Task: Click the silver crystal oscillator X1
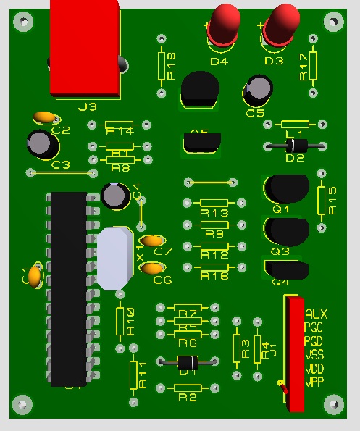tap(115, 257)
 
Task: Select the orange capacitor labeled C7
tap(152, 241)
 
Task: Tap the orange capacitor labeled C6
tap(152, 269)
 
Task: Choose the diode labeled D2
tap(295, 144)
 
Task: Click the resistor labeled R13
tap(213, 204)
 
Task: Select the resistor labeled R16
tap(213, 268)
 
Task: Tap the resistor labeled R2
tap(188, 389)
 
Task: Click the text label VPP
tap(315, 382)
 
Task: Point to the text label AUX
tap(316, 314)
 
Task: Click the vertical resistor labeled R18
tap(162, 65)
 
